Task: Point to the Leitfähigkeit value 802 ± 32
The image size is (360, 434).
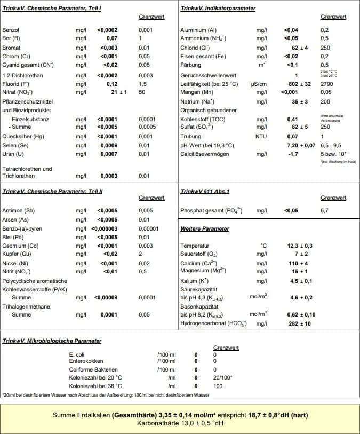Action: click(x=299, y=84)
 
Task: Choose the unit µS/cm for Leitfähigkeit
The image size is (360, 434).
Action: click(x=258, y=84)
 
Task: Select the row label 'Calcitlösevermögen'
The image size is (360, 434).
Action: click(x=206, y=154)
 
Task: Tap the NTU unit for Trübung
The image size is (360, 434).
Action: click(x=261, y=137)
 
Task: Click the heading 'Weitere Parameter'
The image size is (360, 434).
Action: click(x=205, y=228)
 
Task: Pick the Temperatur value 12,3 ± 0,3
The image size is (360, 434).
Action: click(x=300, y=246)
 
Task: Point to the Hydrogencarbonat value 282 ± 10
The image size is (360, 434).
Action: click(x=299, y=323)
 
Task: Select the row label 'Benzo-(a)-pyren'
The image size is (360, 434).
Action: click(x=23, y=228)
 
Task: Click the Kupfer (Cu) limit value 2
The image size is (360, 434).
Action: click(x=140, y=254)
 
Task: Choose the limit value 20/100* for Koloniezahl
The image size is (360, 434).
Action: click(x=222, y=377)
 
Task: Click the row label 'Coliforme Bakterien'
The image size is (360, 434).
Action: click(x=93, y=369)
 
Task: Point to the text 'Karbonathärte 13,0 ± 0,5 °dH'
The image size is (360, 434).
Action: click(x=179, y=423)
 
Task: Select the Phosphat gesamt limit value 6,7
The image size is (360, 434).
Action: click(x=324, y=211)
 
